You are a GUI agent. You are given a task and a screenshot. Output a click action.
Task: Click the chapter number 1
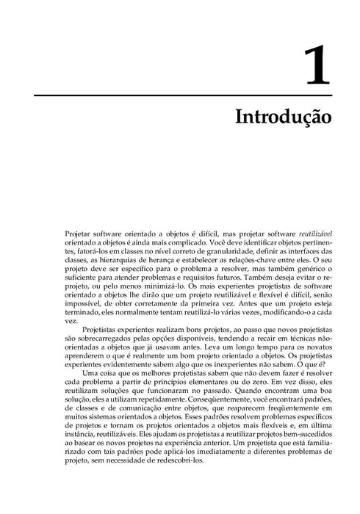[316, 65]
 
